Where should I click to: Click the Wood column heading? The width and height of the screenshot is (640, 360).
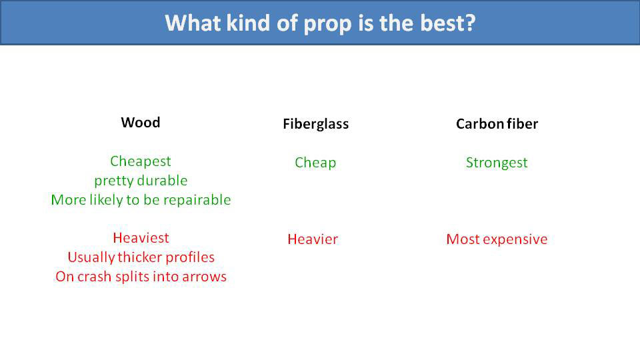point(141,123)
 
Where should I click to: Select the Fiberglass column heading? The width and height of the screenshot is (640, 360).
point(315,124)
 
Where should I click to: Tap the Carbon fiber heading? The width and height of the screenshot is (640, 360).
point(497,124)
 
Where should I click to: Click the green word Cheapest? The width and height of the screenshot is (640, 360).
point(141,161)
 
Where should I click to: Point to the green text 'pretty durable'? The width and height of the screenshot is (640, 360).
point(141,181)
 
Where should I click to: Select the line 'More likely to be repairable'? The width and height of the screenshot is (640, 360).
point(141,200)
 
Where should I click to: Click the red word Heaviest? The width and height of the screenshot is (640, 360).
point(141,238)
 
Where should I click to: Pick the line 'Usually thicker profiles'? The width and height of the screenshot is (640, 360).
point(141,257)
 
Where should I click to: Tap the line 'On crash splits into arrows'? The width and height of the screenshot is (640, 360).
point(141,277)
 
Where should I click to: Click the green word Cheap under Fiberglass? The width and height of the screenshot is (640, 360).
point(315,163)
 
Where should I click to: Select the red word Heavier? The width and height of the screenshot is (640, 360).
point(313,239)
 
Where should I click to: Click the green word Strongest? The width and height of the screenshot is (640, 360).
point(497,163)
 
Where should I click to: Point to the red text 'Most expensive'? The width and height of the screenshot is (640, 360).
point(497,239)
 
